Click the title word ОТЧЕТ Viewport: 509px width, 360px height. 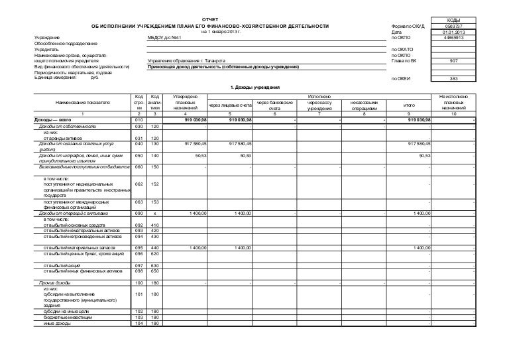(x=209, y=20)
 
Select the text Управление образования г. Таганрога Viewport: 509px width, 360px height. (x=188, y=61)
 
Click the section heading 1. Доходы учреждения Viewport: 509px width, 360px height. (x=254, y=88)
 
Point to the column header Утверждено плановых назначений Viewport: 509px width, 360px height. (x=185, y=103)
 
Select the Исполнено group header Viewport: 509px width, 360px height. (x=319, y=97)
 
